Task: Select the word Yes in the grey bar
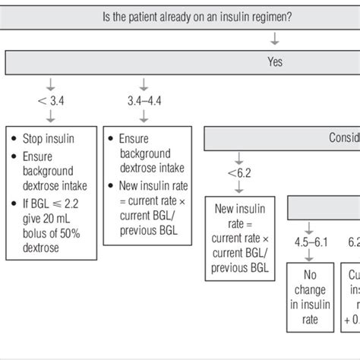click(275, 62)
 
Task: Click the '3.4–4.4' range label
click(145, 99)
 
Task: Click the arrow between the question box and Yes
click(275, 37)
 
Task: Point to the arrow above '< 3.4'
click(50, 83)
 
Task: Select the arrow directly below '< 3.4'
click(50, 116)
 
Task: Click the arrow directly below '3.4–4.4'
click(145, 116)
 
